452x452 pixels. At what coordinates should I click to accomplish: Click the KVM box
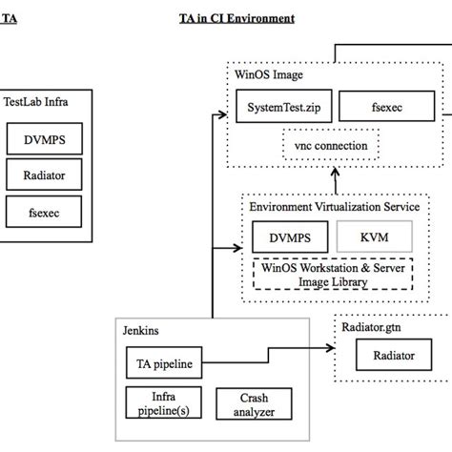coord(373,236)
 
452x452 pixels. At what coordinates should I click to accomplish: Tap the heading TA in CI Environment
coord(236,18)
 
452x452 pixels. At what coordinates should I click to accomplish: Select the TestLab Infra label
coord(36,98)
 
